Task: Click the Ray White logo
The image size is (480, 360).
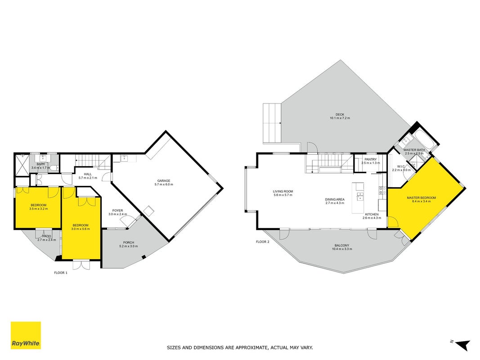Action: pyautogui.click(x=26, y=335)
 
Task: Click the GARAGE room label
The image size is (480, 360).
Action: pyautogui.click(x=164, y=180)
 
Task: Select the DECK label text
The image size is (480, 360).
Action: pyautogui.click(x=340, y=114)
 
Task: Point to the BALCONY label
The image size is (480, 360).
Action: pyautogui.click(x=342, y=246)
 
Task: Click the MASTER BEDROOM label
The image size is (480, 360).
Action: pyautogui.click(x=421, y=198)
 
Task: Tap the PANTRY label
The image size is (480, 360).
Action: pyautogui.click(x=370, y=159)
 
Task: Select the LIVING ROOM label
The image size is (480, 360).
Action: pyautogui.click(x=283, y=191)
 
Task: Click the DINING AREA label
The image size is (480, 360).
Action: pyautogui.click(x=335, y=199)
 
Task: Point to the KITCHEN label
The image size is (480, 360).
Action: pyautogui.click(x=372, y=214)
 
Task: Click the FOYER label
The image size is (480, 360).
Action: pyautogui.click(x=117, y=211)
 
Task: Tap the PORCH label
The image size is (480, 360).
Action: pyautogui.click(x=129, y=243)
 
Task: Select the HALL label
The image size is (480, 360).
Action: pyautogui.click(x=88, y=174)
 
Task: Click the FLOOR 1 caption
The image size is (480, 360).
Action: pyautogui.click(x=61, y=273)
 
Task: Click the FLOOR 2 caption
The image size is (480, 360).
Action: pyautogui.click(x=263, y=242)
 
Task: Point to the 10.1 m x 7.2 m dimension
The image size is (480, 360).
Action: pyautogui.click(x=340, y=118)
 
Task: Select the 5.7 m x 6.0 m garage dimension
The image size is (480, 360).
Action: pyautogui.click(x=164, y=184)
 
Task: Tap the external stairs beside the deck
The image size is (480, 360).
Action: pyautogui.click(x=272, y=123)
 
